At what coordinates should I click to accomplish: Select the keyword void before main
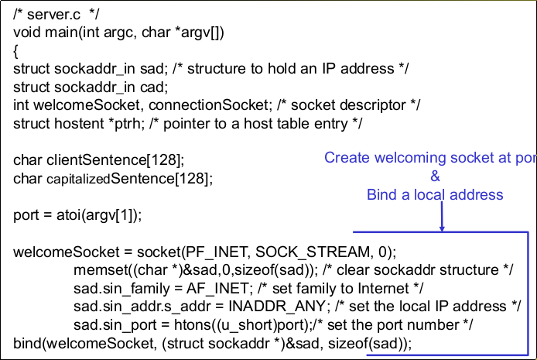click(27, 33)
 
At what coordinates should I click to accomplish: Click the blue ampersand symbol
click(435, 176)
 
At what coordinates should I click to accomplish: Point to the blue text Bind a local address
click(435, 194)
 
